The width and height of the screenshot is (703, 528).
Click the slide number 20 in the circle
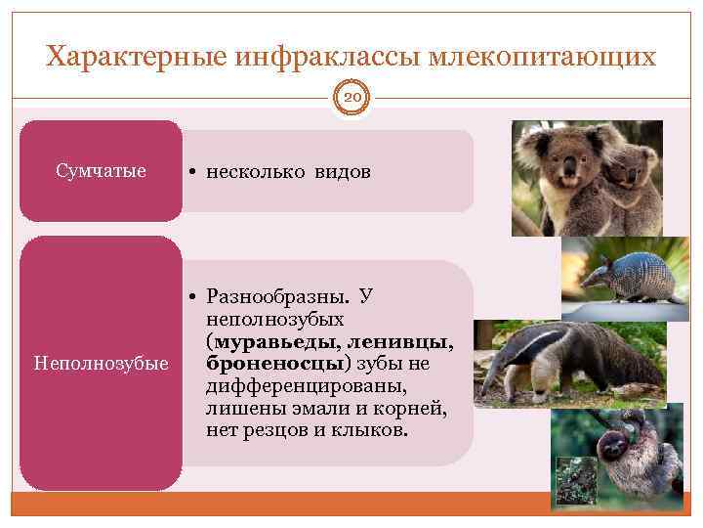tap(351, 99)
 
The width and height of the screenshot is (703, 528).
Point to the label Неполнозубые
tap(102, 364)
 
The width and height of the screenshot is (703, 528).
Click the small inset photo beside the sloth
tap(575, 479)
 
